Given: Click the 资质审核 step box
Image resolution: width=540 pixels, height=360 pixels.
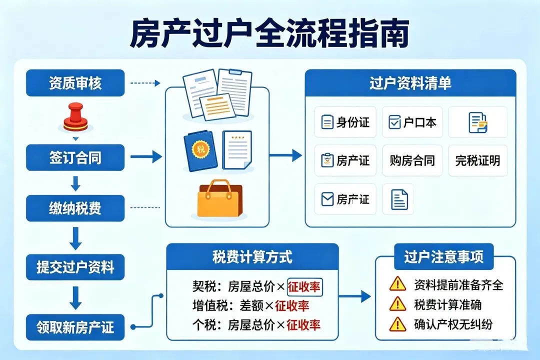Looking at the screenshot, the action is point(75,83).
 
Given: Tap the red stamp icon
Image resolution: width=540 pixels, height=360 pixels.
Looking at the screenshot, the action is point(75,117).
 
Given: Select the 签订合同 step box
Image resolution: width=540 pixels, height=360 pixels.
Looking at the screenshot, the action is point(75,157).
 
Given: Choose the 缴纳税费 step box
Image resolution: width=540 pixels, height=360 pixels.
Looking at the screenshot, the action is point(75,208).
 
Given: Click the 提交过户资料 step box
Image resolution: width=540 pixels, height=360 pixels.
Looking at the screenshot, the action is point(75,267).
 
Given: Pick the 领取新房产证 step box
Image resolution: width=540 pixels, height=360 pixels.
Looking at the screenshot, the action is point(75,327).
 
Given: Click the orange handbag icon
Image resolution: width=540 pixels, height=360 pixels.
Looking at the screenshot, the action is point(219,198).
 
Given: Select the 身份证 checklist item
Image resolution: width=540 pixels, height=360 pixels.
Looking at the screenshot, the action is point(345,122).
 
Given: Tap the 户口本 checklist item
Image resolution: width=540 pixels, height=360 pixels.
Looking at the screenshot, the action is point(412,122).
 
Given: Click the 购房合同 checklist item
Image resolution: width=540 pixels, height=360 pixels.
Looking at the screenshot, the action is point(412,160).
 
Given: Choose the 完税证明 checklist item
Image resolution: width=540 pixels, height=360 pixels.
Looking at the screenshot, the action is point(477,160).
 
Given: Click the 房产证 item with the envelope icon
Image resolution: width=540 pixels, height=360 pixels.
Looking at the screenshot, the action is point(345,199).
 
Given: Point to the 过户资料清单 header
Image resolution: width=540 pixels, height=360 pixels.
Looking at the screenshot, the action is point(410,83).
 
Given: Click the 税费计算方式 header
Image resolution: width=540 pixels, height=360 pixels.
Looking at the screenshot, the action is point(252,256).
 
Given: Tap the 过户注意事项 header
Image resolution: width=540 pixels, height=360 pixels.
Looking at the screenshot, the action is point(444,256).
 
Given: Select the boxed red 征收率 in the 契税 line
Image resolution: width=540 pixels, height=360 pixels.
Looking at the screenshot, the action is point(304,287).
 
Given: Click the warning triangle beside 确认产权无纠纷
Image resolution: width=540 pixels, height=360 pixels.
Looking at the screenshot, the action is point(398,324).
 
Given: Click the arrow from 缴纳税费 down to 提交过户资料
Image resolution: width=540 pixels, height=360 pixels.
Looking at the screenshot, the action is point(75,238).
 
